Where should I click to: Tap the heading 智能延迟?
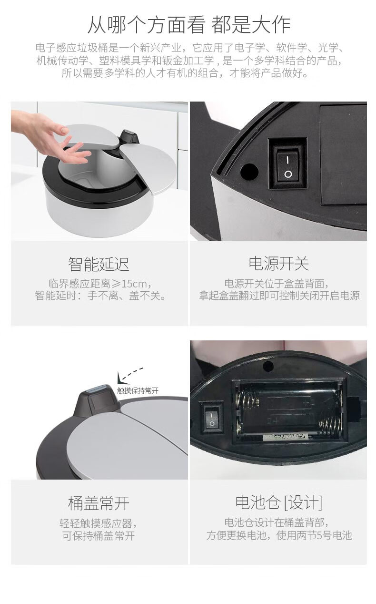99,264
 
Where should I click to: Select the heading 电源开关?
278,264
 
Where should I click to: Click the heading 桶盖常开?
99,503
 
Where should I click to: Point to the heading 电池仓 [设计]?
278,502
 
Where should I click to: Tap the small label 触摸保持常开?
138,390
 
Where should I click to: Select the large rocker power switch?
288,164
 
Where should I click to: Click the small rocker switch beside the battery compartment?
211,417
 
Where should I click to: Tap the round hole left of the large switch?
249,172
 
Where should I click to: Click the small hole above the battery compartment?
268,366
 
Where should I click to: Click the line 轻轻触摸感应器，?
99,523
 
